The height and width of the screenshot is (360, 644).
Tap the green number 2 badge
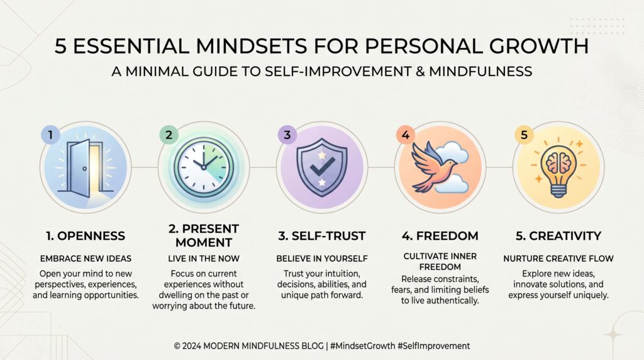pos(167,133)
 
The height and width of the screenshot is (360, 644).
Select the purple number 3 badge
pos(286,134)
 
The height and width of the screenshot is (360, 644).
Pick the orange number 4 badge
pos(404,134)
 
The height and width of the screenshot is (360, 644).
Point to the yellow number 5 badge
pos(523,134)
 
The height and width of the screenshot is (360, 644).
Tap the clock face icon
pos(203,166)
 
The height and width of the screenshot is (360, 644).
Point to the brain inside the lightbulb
pos(558,163)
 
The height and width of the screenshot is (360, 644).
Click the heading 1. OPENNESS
pos(85,237)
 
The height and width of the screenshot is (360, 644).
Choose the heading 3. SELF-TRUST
pos(322,237)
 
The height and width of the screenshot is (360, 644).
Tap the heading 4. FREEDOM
pos(440,237)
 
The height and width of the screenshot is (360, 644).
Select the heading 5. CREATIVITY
pos(558,237)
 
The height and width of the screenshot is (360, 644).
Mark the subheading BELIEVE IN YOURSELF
pos(322,259)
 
